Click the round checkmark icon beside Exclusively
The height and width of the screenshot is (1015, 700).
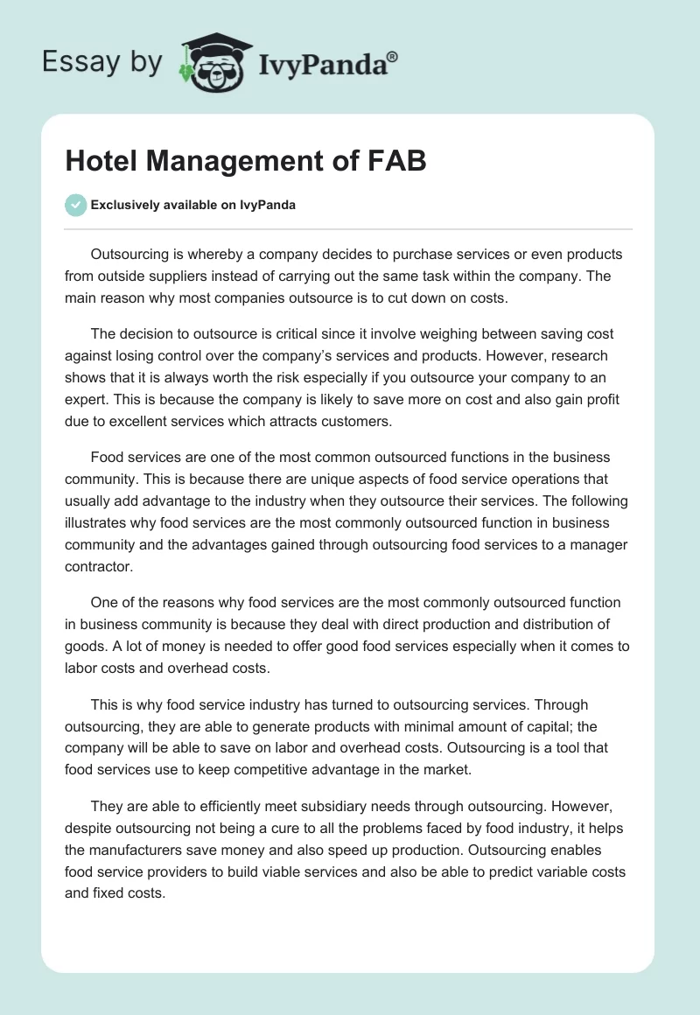[x=75, y=205]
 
